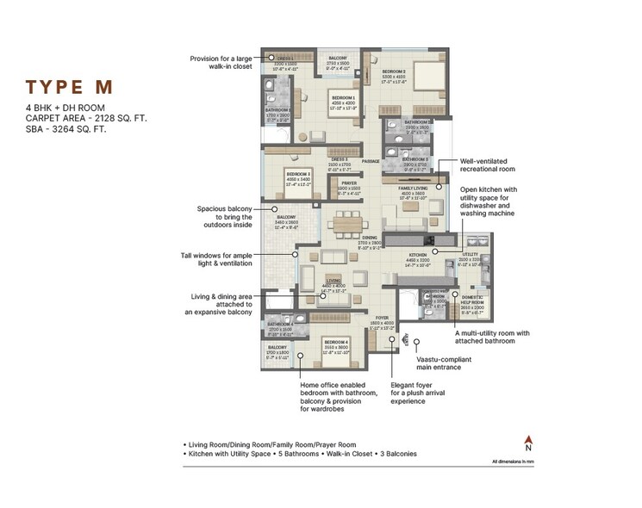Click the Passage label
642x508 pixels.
371,161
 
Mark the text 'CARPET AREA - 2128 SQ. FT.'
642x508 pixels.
85,118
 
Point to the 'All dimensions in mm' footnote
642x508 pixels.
524,462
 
